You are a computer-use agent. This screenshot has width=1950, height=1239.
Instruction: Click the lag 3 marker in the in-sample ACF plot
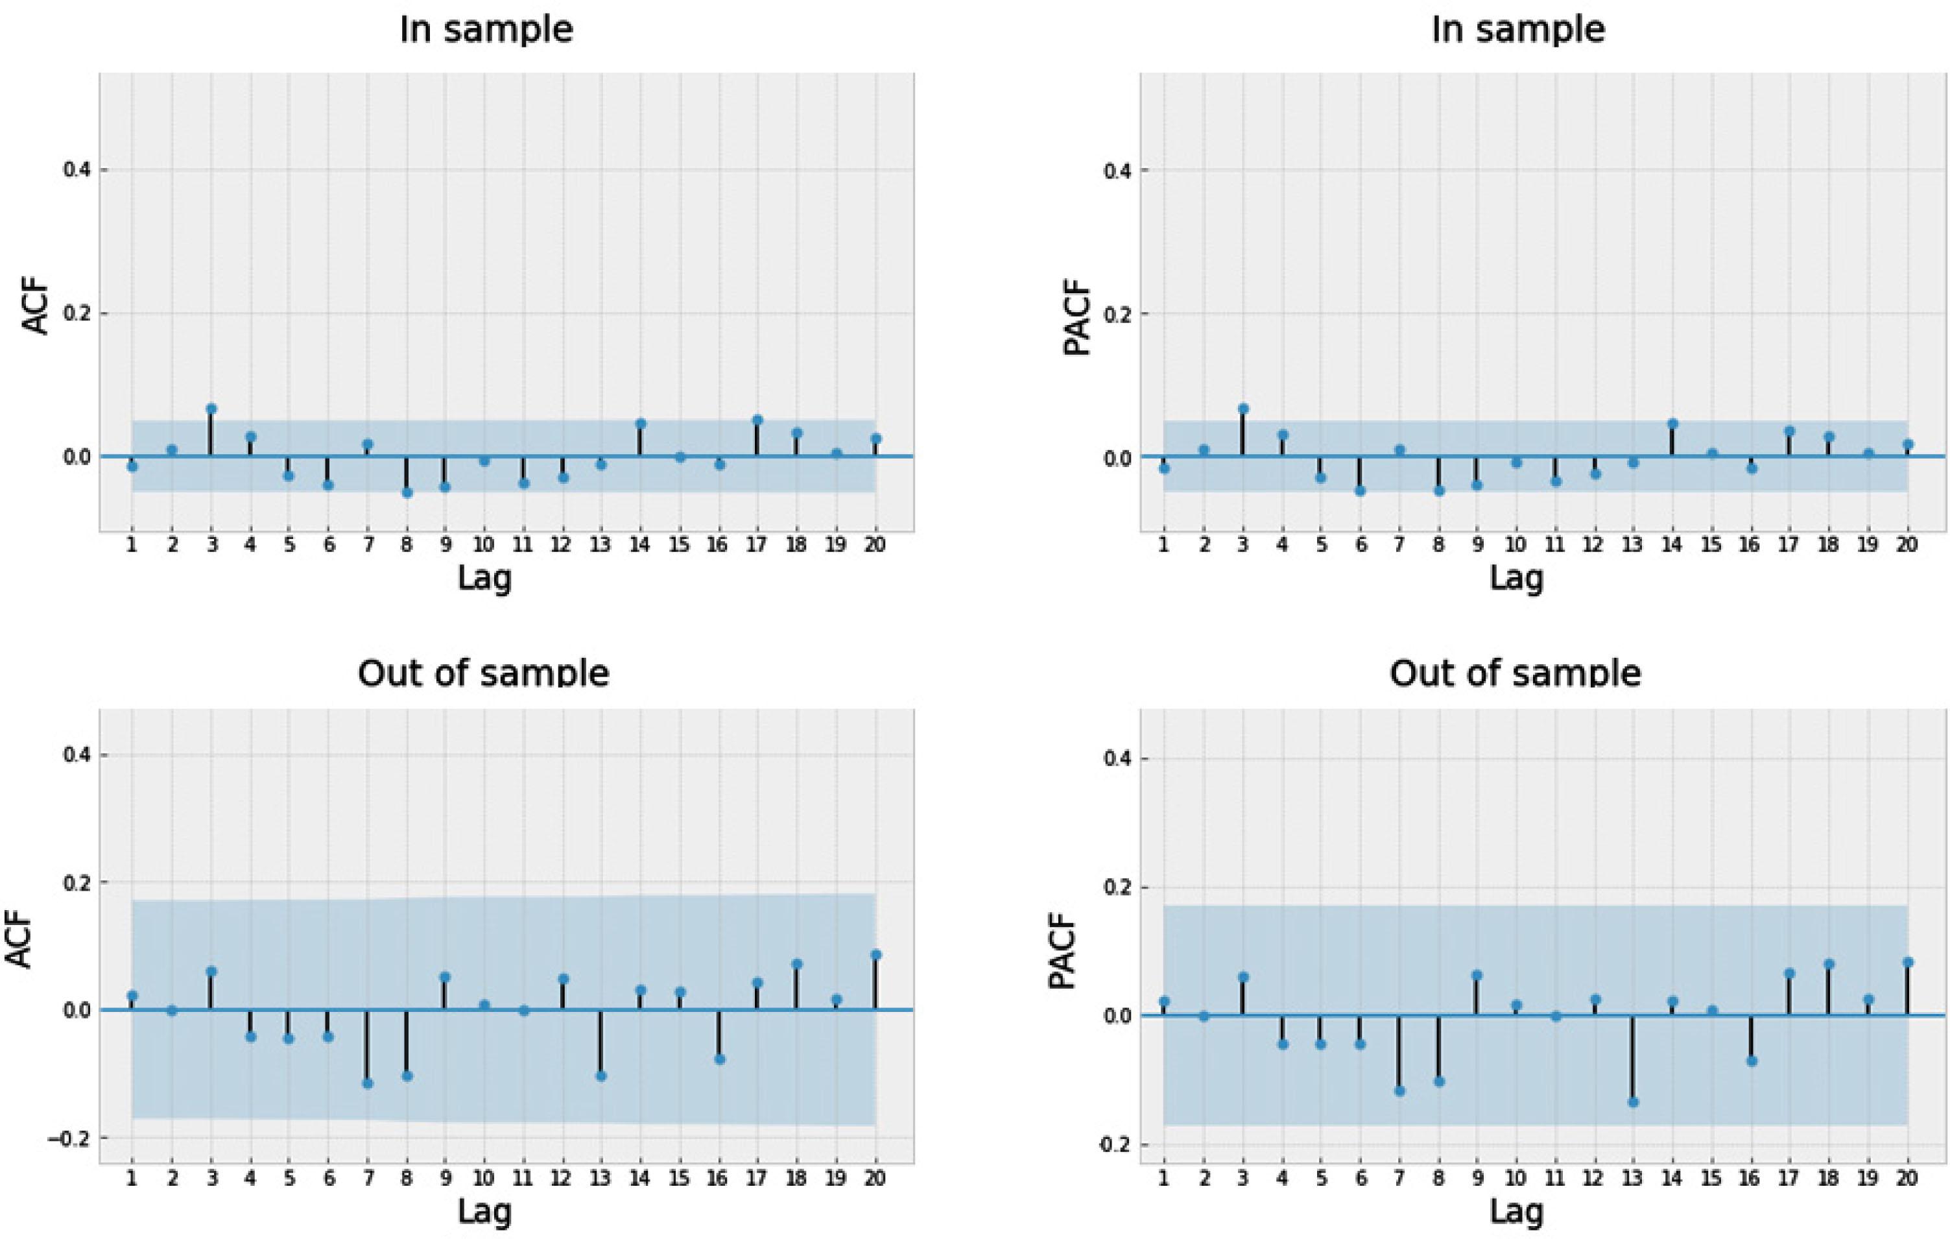211,409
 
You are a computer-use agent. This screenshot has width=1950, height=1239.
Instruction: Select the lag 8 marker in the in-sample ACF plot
407,492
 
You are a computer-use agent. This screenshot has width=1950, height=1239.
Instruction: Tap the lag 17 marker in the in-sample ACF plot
757,420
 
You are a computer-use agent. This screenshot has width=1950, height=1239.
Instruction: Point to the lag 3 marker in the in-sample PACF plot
1243,409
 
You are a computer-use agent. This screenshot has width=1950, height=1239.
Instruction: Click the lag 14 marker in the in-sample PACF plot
1672,424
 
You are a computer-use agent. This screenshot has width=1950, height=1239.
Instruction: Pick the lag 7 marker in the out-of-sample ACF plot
368,1083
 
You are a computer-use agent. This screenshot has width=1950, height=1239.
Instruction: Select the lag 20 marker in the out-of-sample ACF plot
875,955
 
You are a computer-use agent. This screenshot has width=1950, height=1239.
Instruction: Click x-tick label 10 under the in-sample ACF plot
484,545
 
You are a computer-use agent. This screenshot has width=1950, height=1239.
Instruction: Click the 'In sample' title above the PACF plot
1517,30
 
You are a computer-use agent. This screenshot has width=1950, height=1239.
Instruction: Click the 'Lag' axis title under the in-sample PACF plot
1516,578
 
